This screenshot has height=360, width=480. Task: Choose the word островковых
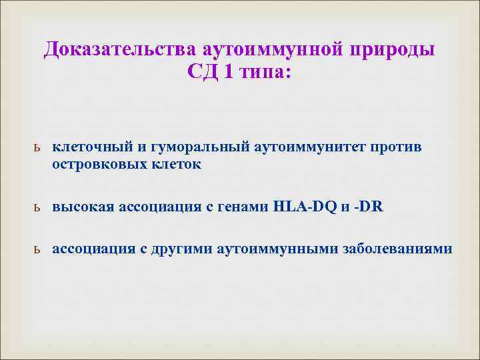pos(100,163)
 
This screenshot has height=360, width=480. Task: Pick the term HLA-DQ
pos(306,207)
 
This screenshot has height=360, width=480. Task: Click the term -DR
pos(370,207)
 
